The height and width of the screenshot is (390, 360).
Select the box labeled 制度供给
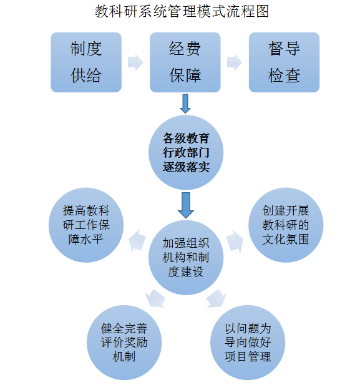click(85, 62)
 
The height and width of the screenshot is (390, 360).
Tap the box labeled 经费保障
click(185, 62)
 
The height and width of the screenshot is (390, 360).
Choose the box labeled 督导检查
click(284, 62)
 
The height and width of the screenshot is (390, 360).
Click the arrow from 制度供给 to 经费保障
click(135, 62)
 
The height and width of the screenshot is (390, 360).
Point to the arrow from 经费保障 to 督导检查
click(235, 62)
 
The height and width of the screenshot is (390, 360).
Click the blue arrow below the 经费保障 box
click(185, 104)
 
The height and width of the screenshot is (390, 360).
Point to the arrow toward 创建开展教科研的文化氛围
click(235, 240)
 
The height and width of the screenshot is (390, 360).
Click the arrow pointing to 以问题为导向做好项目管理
click(216, 298)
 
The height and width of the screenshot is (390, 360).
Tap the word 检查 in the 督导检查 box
click(284, 76)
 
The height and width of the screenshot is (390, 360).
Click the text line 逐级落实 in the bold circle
click(186, 168)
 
